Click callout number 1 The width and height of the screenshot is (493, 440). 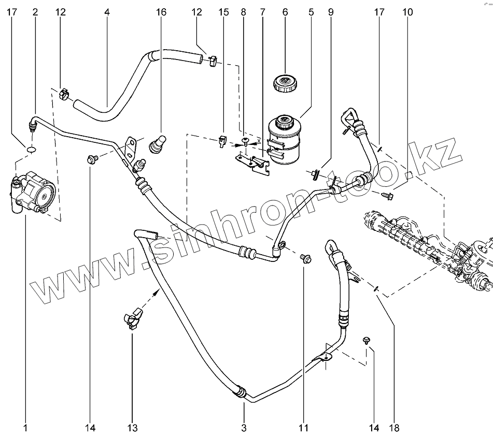tap(25, 428)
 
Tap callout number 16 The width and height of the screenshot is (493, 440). tap(161, 11)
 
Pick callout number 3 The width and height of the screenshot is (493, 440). tap(244, 428)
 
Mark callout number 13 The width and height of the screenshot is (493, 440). tap(132, 428)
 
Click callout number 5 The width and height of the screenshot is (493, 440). tap(311, 11)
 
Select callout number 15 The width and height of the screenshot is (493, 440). tap(223, 11)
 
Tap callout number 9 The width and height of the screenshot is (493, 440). tap(330, 11)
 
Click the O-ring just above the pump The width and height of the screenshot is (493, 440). tap(31, 150)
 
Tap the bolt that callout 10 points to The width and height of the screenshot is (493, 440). tap(387, 196)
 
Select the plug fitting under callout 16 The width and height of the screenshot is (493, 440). tap(157, 144)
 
